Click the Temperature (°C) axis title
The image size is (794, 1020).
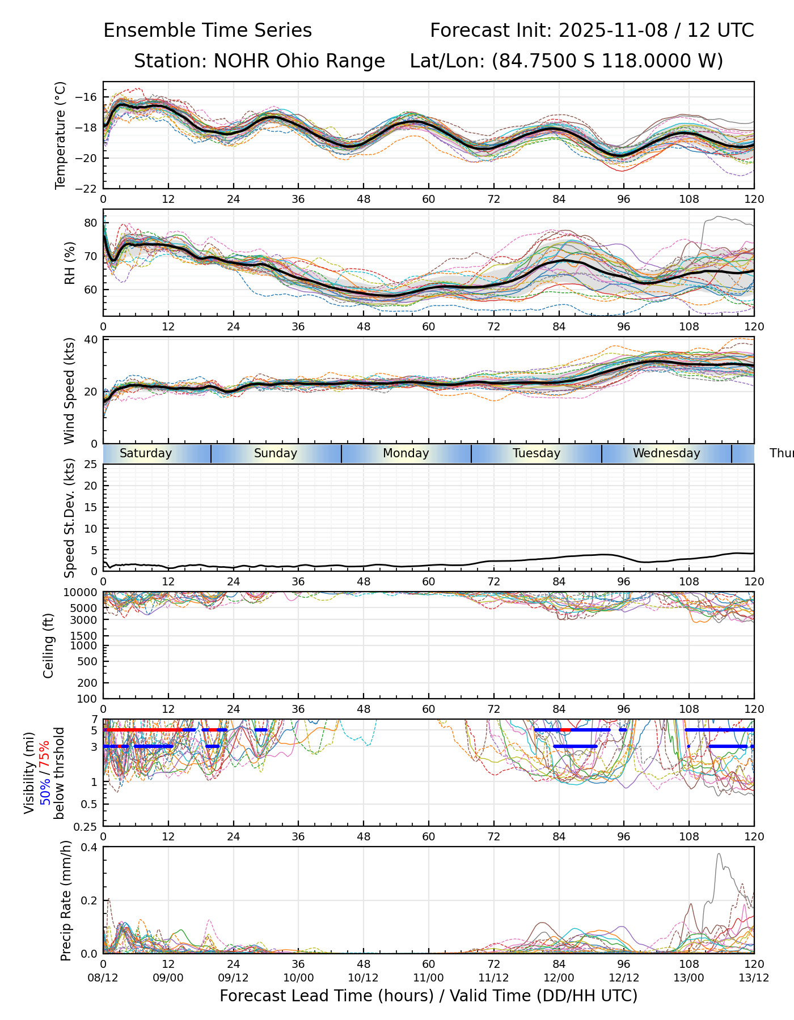(61, 135)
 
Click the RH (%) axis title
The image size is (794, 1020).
(70, 263)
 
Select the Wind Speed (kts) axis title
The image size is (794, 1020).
(70, 391)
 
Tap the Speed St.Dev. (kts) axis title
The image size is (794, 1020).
(70, 518)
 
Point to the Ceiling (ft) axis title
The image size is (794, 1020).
(49, 645)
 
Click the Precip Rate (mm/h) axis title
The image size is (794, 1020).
(66, 900)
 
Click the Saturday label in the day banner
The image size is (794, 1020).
(146, 453)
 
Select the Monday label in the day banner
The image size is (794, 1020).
(406, 453)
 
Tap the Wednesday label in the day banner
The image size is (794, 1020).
(666, 453)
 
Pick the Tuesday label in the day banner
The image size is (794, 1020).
(537, 453)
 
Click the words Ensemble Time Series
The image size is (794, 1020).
(208, 31)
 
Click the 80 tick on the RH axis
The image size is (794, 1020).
(91, 223)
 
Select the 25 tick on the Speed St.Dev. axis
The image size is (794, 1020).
(91, 465)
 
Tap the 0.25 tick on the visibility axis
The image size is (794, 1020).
(87, 826)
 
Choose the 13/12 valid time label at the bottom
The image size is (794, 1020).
(754, 979)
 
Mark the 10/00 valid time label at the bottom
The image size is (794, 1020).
(298, 979)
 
